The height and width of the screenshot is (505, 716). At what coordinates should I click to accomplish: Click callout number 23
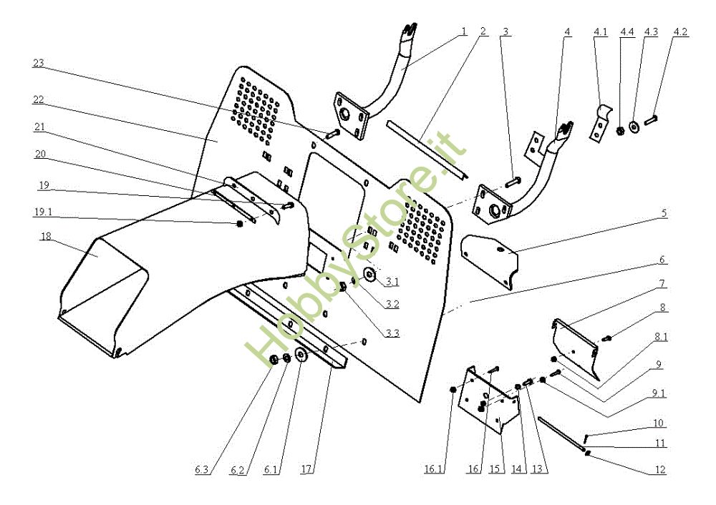click(39, 63)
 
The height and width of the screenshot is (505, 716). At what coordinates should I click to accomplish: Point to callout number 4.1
click(600, 31)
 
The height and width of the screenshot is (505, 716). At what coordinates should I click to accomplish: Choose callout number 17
click(307, 469)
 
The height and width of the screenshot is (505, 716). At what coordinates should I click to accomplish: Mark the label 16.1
click(434, 469)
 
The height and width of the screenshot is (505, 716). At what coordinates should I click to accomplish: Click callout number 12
click(659, 469)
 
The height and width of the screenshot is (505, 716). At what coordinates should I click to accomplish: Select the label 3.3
click(391, 333)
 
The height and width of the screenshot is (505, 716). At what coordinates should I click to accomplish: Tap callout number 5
click(663, 212)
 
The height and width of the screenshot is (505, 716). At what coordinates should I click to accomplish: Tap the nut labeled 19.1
click(240, 225)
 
